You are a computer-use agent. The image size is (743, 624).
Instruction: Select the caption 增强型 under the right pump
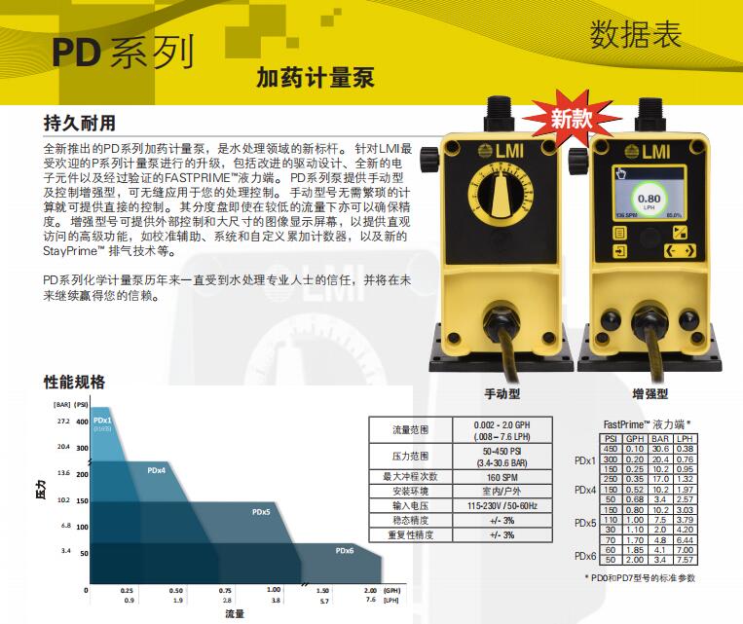coord(650,395)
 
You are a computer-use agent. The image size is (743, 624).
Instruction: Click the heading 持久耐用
coord(80,124)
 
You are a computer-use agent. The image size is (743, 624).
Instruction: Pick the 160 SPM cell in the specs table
coord(502,477)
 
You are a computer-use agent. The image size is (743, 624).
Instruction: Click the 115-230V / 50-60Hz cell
coord(502,506)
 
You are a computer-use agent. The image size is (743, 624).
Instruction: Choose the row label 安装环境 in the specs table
coord(410,492)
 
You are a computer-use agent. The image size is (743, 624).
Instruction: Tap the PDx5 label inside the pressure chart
coord(261,512)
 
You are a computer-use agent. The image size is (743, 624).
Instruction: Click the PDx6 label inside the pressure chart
coord(345,551)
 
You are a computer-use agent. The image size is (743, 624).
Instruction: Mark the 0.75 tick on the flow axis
coord(226,591)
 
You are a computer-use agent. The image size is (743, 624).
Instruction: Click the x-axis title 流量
coord(235,614)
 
